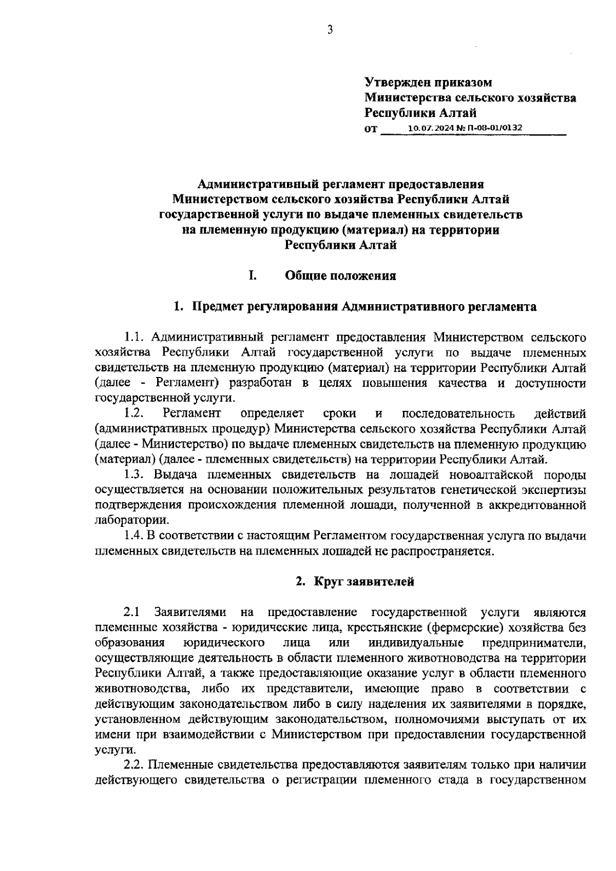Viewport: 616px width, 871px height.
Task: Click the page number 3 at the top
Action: [330, 30]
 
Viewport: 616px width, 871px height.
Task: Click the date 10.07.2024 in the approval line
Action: [427, 127]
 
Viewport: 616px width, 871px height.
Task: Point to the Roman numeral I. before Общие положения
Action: [253, 276]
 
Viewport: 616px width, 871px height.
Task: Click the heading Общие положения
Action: [340, 276]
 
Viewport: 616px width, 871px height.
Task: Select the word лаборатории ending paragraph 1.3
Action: [131, 520]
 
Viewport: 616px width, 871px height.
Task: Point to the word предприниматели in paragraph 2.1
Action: [534, 643]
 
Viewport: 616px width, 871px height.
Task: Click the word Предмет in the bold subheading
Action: [213, 307]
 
